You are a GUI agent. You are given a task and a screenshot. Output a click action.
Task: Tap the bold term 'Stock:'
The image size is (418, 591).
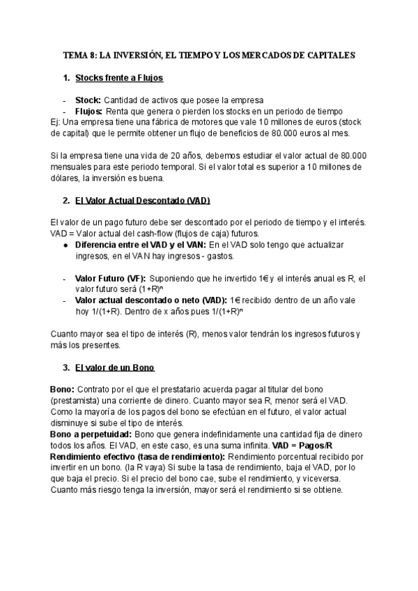coord(88,100)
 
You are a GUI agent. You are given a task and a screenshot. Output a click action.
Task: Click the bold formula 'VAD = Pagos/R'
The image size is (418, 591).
coord(302,445)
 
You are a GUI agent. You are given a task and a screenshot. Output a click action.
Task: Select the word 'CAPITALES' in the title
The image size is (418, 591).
coord(328,54)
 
